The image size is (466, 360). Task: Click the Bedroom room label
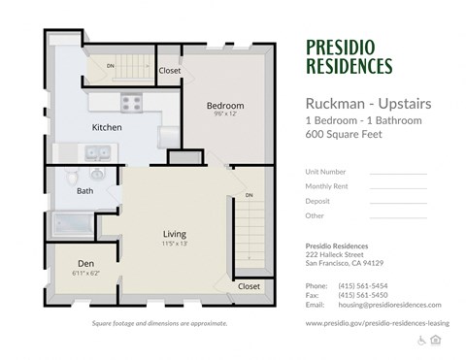pos(224,105)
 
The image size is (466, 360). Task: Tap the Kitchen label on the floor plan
pos(106,127)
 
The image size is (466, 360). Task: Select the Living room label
pos(175,233)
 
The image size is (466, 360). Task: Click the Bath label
pos(85,191)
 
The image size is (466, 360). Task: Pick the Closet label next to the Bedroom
pos(170,70)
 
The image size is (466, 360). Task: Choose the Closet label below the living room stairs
pos(250,286)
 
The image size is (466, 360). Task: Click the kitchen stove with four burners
pos(131,101)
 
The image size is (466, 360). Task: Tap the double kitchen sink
pos(96,151)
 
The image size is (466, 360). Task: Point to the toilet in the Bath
pos(97,175)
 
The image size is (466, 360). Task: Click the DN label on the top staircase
pos(110,66)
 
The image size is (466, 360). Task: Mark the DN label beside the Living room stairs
pos(250,196)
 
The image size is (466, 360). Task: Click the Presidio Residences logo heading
pos(349,56)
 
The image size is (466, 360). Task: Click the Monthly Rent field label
pos(326,185)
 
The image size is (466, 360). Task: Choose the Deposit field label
pos(317,200)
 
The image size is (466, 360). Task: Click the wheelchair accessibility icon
pos(420,339)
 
